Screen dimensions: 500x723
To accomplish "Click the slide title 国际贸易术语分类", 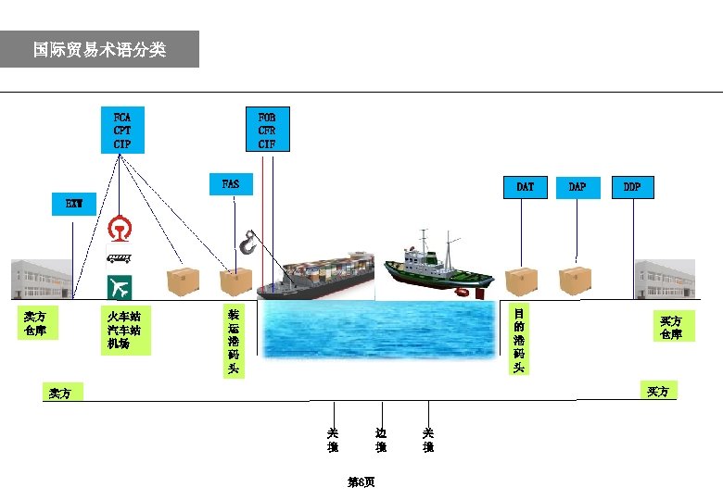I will [99, 49].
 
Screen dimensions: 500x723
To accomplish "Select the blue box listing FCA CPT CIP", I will [122, 131].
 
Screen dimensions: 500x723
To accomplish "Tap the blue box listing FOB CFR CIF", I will [266, 131].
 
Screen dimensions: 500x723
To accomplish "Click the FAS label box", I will [231, 184].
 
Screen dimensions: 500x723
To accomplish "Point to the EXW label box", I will [73, 204].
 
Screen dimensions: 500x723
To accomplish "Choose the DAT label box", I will [525, 187].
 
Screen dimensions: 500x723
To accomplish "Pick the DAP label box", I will [577, 187].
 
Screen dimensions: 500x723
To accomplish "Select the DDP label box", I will [632, 187].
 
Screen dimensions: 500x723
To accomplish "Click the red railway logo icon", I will [119, 228].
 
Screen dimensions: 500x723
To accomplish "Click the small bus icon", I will [119, 258].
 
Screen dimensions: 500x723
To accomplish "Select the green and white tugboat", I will [436, 266].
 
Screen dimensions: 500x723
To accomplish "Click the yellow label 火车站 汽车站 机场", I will [124, 331].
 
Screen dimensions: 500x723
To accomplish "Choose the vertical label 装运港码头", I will [234, 342].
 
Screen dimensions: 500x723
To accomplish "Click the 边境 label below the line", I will [381, 440].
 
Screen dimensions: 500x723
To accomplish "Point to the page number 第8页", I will [361, 482].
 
